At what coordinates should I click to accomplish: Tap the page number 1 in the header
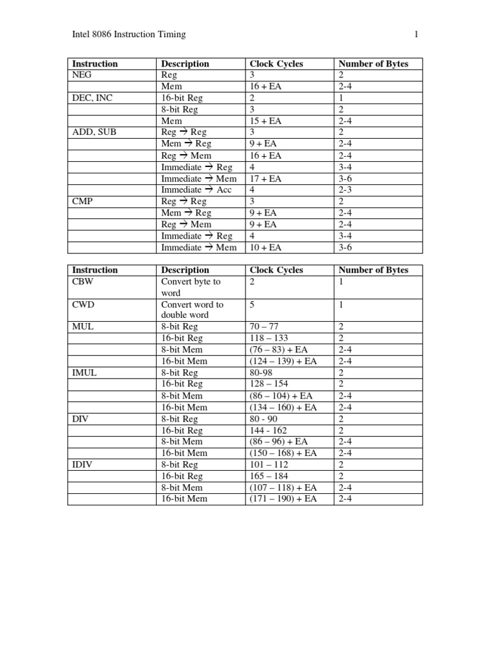click(416, 35)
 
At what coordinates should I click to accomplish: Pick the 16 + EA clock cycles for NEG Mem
click(265, 86)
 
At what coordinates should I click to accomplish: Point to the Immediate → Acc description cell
click(196, 190)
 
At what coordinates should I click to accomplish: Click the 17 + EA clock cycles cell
click(265, 178)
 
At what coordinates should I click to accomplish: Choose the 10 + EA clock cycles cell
click(265, 248)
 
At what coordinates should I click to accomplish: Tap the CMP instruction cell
click(83, 201)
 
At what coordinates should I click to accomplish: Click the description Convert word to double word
click(192, 310)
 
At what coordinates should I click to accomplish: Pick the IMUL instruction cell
click(84, 373)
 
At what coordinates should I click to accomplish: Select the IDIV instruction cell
click(83, 465)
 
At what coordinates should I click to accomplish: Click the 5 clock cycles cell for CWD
click(252, 304)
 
